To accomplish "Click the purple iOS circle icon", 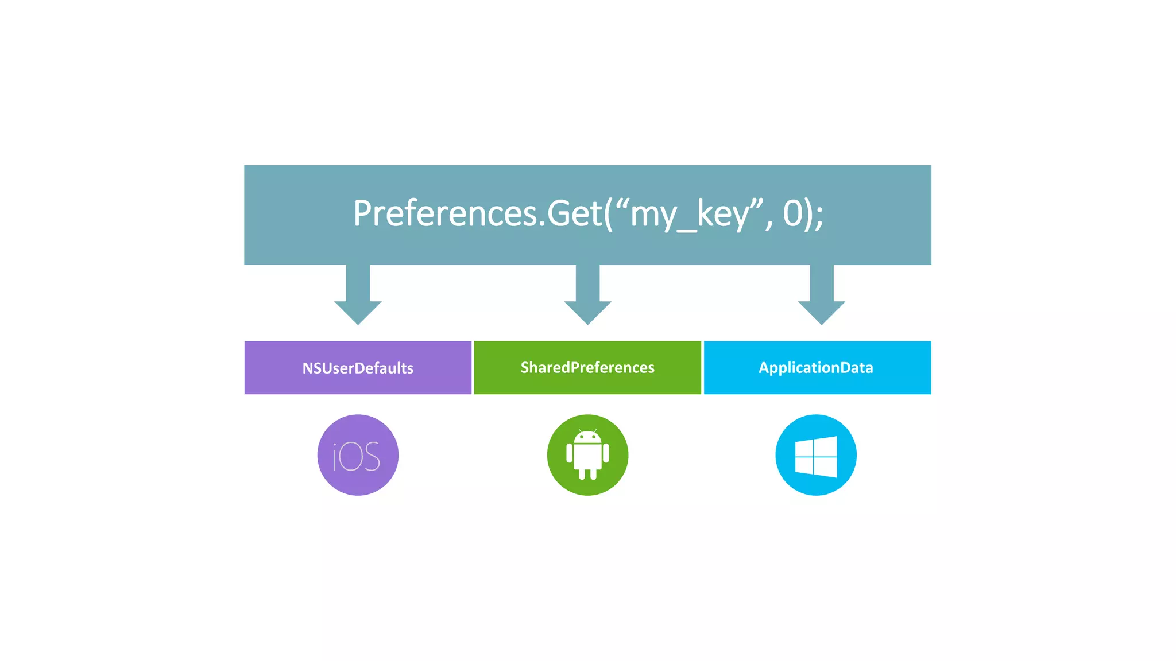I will (358, 455).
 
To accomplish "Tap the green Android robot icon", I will (587, 455).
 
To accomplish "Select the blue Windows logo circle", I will (816, 455).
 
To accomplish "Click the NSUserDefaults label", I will (358, 368).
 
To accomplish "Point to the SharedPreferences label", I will (587, 367).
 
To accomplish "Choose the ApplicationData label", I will (816, 367).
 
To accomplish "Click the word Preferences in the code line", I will (446, 213).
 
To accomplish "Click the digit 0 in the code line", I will (792, 213).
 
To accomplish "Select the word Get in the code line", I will (574, 213).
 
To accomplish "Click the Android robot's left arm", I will (570, 453).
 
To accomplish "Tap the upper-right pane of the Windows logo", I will (826, 446).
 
